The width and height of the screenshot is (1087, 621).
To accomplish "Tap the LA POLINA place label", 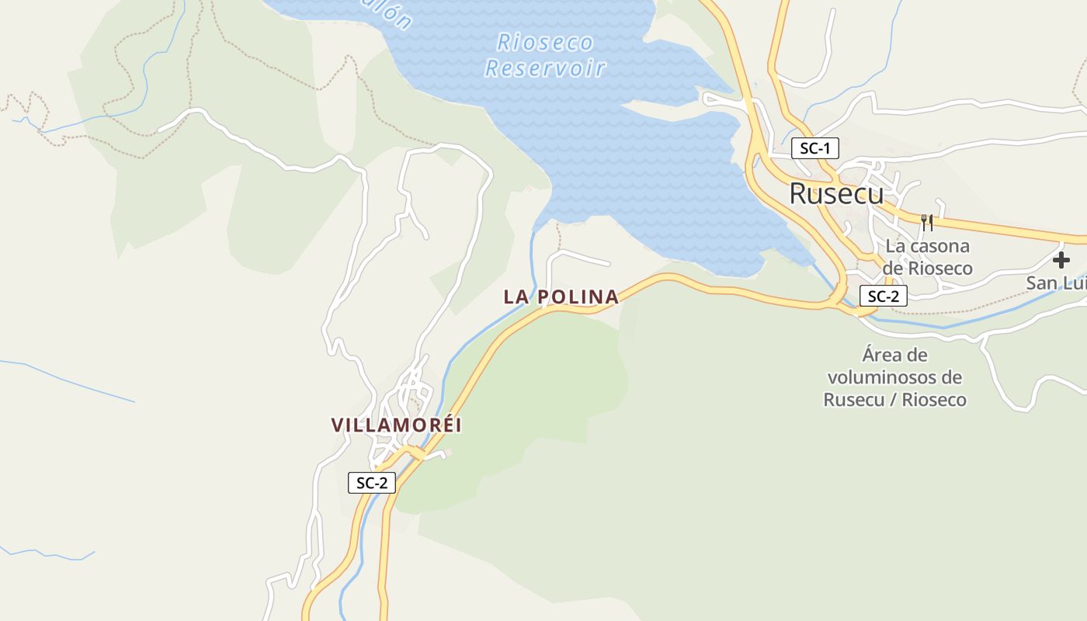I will pyautogui.click(x=561, y=297).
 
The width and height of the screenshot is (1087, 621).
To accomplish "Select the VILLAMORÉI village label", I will pyautogui.click(x=396, y=425).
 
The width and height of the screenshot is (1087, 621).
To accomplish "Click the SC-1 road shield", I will pyautogui.click(x=814, y=148).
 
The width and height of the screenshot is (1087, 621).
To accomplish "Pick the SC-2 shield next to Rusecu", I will pyautogui.click(x=883, y=296).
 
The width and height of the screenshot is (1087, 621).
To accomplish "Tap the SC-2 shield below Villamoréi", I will pyautogui.click(x=372, y=483).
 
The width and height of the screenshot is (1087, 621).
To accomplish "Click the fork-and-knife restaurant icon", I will pyautogui.click(x=926, y=223).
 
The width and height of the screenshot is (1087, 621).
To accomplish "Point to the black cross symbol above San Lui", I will pyautogui.click(x=1061, y=260).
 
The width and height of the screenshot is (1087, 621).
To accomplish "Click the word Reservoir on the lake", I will pyautogui.click(x=545, y=68).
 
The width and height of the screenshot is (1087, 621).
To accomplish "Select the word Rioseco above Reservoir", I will pyautogui.click(x=545, y=42).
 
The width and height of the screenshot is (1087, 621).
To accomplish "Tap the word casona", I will pyautogui.click(x=940, y=246).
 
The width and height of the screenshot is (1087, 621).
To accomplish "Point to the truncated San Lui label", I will pyautogui.click(x=1054, y=283).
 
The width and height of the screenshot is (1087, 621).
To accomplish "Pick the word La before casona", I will pyautogui.click(x=895, y=246).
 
